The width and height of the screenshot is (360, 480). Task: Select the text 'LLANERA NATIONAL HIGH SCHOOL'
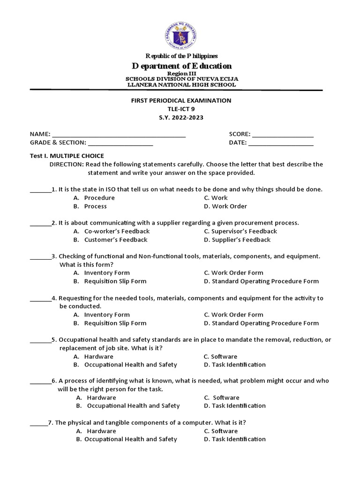[x=181, y=85]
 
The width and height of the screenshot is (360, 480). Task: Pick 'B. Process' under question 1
[x=90, y=206]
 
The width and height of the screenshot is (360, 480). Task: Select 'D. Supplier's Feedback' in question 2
[x=237, y=240]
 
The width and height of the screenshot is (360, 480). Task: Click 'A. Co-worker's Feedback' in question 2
[x=112, y=231]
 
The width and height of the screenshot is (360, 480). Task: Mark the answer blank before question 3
[x=40, y=257]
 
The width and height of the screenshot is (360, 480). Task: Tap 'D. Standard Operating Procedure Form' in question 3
[x=261, y=281]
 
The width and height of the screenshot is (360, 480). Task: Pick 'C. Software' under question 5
[x=221, y=356]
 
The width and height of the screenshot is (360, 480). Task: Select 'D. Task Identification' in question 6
[x=235, y=405]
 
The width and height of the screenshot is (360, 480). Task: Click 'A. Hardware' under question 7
[x=96, y=431]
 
